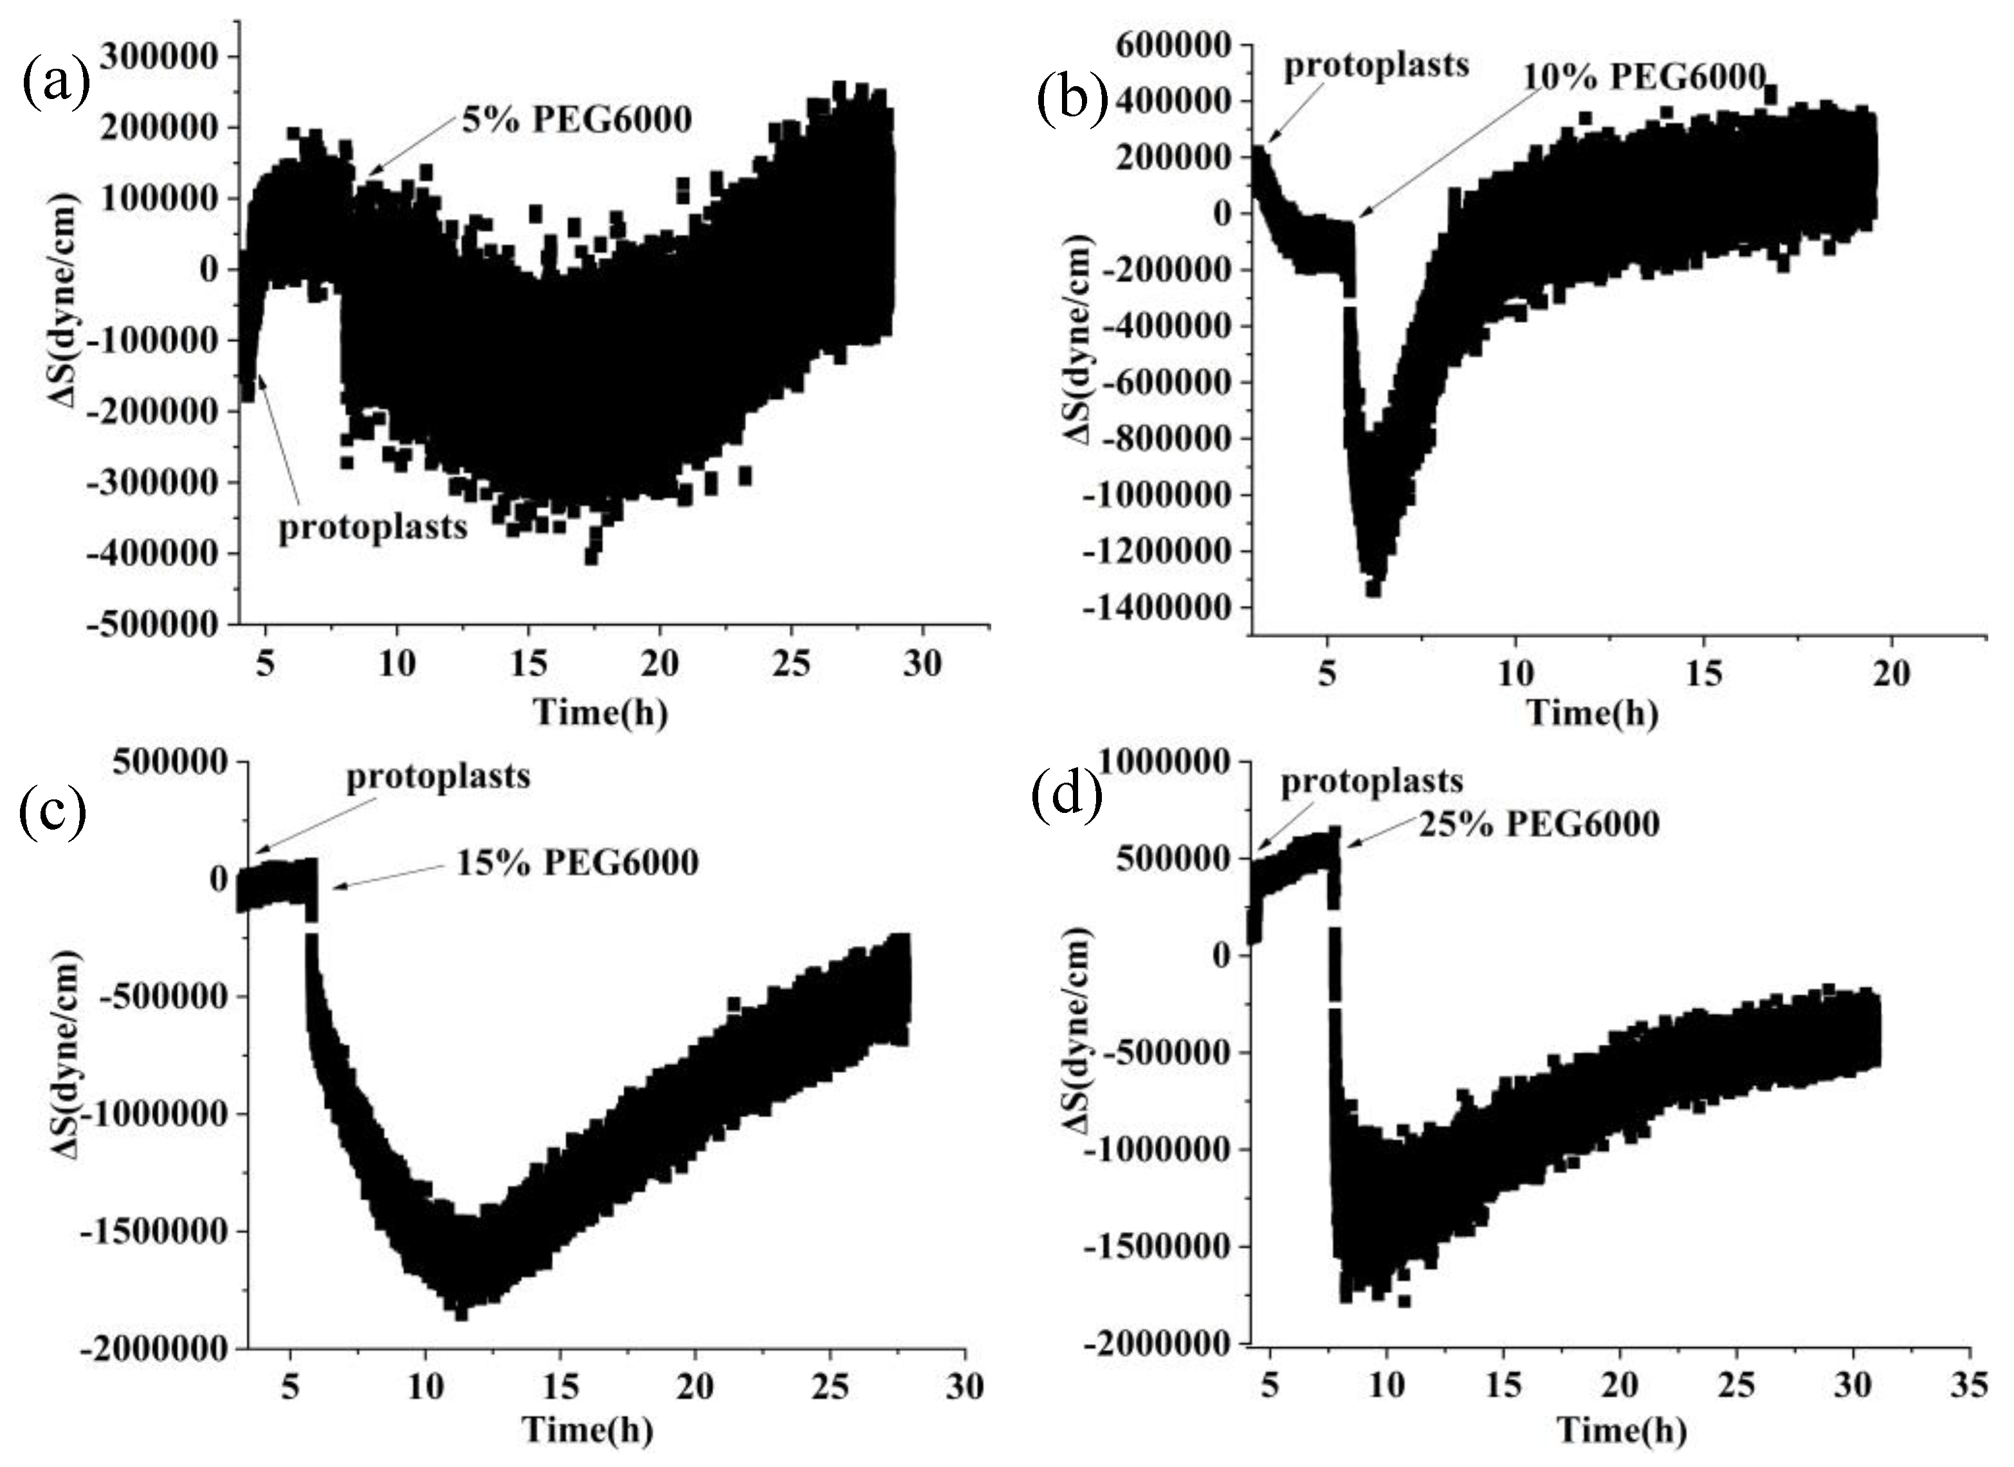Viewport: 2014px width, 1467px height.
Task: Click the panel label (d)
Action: [1066, 793]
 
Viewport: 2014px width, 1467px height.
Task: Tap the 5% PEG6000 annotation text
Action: [576, 120]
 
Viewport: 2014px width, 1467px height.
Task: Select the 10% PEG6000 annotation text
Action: [1643, 77]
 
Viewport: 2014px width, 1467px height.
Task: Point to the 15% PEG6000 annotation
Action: [577, 862]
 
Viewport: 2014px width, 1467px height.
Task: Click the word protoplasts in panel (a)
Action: [373, 527]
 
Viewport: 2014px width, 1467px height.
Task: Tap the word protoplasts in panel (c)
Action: [438, 777]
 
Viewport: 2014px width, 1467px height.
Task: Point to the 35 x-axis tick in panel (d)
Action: [1970, 1385]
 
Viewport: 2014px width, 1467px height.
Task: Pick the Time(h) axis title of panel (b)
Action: [1592, 713]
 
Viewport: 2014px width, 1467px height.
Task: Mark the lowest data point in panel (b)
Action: [1373, 588]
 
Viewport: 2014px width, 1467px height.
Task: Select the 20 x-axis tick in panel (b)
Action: [1890, 674]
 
